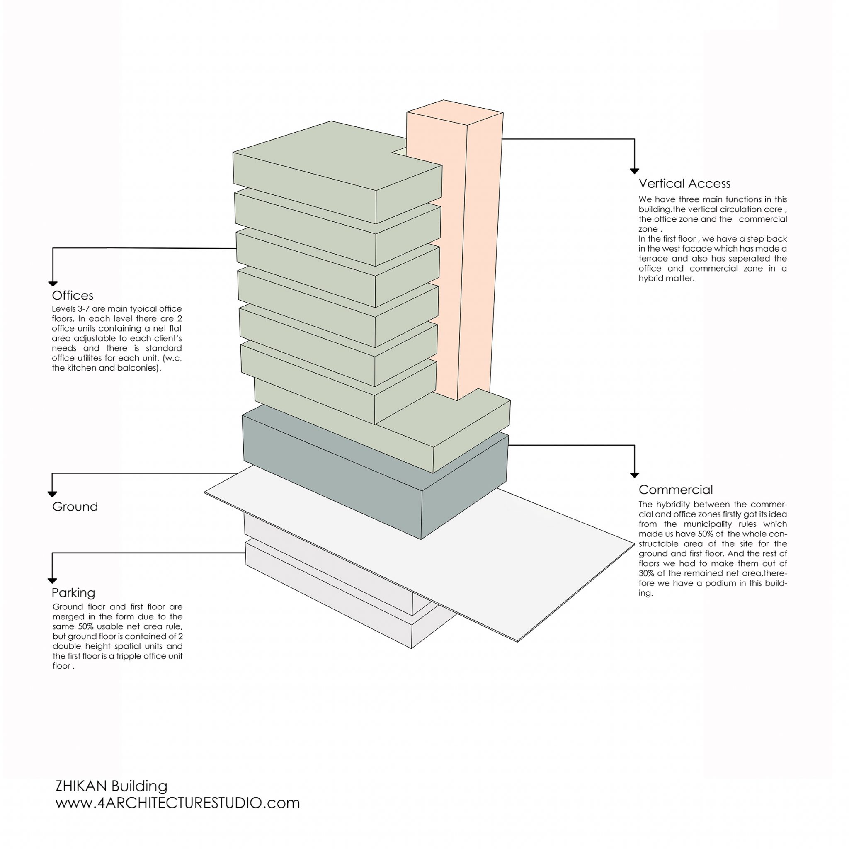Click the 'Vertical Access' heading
(684, 183)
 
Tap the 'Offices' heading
(73, 295)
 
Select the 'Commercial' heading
(675, 490)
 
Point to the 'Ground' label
(75, 507)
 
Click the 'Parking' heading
(73, 593)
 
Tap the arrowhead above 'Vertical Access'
(634, 171)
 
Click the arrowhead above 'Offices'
(53, 284)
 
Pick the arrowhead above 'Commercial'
(634, 475)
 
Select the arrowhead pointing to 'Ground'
(52, 495)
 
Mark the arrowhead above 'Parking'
(52, 581)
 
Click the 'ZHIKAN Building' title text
(111, 786)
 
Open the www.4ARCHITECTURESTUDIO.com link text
(177, 803)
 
